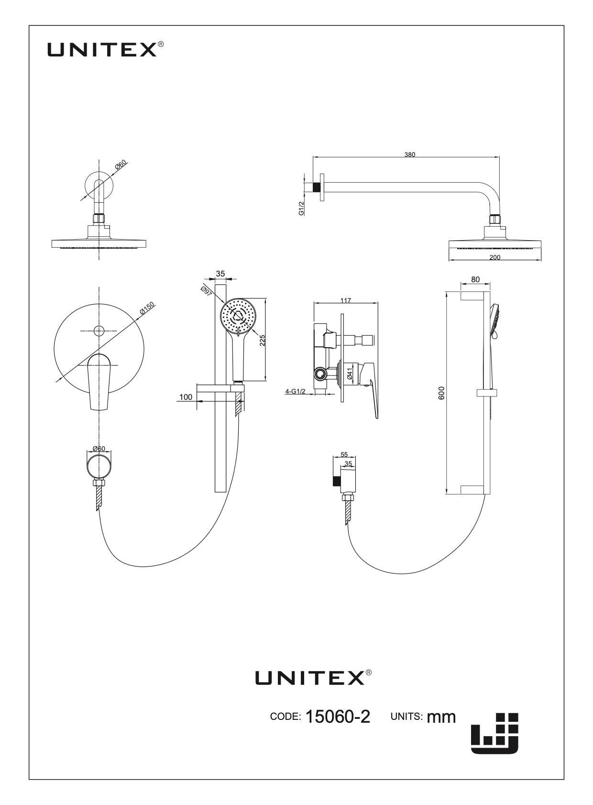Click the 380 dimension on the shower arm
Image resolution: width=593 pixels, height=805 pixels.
409,155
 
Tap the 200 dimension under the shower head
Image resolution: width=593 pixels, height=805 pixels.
495,257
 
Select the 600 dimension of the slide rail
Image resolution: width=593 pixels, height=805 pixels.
442,393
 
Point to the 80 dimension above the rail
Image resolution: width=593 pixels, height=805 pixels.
475,280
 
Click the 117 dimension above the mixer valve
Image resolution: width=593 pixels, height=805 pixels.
345,300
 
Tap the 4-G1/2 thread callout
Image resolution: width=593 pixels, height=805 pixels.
295,391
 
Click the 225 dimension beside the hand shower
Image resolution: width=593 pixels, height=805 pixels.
263,341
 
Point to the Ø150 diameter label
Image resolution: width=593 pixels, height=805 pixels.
147,309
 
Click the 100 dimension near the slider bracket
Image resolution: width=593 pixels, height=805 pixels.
186,397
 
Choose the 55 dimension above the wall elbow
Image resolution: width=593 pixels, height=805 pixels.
344,454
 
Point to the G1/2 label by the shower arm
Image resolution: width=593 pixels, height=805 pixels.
301,208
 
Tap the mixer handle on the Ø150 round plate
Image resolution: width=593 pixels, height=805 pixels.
99,382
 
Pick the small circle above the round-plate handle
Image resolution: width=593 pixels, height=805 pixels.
99,330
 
